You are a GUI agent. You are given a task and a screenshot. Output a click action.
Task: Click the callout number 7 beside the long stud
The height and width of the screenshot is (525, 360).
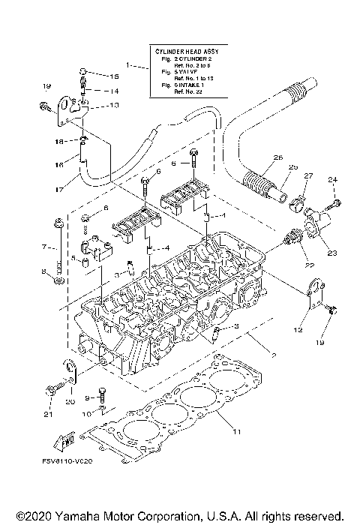pos(44,246)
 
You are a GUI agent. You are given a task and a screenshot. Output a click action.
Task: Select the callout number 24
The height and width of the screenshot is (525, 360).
pos(332,179)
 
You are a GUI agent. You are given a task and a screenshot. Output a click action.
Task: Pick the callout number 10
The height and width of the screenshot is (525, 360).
pos(87,413)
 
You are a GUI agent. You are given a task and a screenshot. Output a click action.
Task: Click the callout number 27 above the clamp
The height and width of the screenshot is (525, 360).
pos(306,175)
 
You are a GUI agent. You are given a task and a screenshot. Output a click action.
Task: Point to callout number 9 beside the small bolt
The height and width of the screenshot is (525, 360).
pos(87,397)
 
